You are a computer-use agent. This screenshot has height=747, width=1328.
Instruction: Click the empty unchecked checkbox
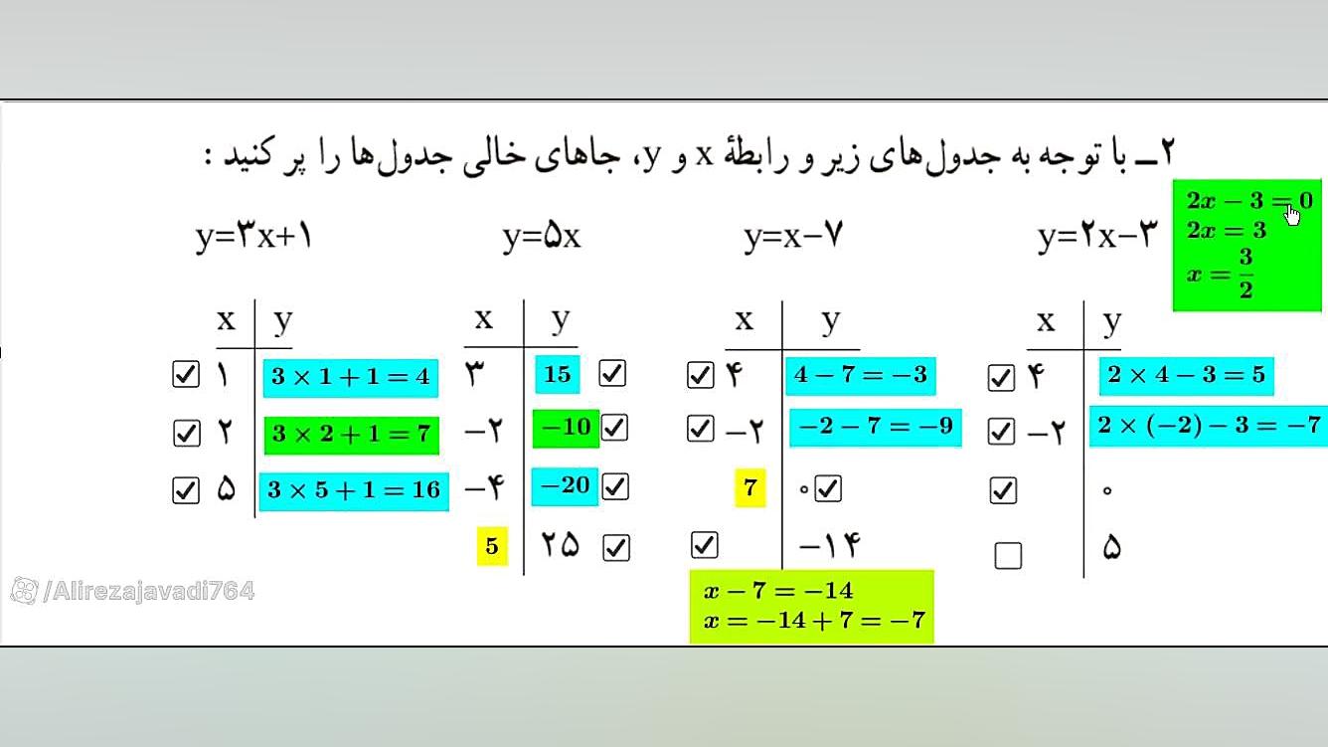tap(1008, 556)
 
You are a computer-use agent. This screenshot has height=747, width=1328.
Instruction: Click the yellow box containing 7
tap(749, 487)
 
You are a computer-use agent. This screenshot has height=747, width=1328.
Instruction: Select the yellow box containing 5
tap(492, 546)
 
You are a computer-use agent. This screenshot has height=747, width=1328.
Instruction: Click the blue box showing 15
tap(558, 374)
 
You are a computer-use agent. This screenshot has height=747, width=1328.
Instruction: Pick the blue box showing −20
tap(565, 486)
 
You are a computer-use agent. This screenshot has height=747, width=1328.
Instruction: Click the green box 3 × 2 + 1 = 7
tap(352, 435)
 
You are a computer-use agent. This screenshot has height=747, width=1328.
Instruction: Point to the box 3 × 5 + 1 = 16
tap(354, 490)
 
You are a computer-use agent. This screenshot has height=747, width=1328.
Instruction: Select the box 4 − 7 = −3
tap(861, 376)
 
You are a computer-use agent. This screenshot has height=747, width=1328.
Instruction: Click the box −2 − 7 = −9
tap(876, 427)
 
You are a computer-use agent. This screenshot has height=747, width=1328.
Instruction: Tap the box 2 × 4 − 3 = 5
tap(1186, 376)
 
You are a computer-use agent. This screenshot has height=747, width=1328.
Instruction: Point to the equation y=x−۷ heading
tap(793, 236)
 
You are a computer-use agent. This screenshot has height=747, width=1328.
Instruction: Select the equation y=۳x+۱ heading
tap(253, 236)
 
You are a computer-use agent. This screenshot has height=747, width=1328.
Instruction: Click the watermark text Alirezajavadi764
tap(149, 591)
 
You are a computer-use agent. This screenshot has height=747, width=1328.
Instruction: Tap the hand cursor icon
tap(1292, 214)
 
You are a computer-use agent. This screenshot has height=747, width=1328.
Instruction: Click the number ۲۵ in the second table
tap(561, 545)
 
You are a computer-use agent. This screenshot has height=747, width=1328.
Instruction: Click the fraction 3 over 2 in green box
tap(1245, 274)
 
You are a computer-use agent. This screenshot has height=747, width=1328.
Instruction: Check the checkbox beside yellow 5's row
tap(616, 547)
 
